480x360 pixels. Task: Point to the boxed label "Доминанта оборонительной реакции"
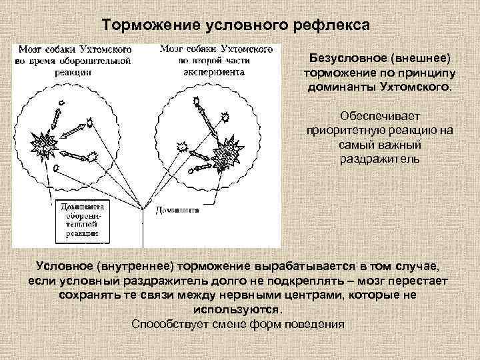point(79,220)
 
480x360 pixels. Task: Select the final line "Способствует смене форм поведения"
point(237,325)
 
